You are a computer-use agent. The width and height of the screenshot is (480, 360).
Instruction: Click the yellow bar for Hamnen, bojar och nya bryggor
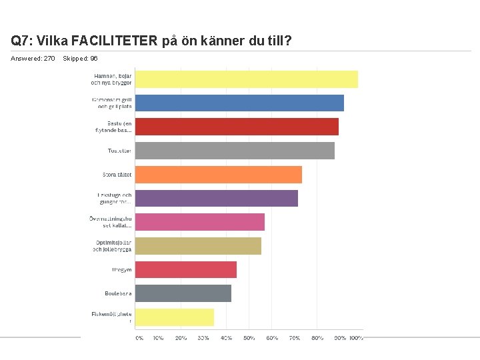point(246,79)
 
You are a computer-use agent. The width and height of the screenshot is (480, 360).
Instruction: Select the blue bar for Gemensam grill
point(239,103)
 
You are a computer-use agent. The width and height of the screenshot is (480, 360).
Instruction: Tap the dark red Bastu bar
point(237,127)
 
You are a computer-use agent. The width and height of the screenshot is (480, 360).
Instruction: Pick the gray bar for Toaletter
point(235,151)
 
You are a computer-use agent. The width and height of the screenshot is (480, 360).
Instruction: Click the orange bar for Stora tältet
point(218,175)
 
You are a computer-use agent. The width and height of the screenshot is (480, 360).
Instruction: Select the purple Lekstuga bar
point(216,199)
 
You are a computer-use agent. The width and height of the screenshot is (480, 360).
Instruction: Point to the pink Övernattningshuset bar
point(199,222)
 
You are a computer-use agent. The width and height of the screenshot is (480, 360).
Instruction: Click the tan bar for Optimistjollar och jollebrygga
point(198,246)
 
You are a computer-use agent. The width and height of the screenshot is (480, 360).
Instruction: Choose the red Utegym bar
point(185,270)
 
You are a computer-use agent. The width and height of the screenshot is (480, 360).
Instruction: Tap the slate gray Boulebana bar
point(183,293)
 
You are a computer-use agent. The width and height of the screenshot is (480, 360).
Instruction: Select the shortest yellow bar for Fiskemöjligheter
point(174,317)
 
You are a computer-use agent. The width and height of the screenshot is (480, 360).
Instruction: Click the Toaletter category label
point(120,151)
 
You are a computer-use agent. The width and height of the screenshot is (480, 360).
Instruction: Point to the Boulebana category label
point(118,293)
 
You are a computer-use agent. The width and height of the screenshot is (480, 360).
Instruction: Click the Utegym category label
point(122,270)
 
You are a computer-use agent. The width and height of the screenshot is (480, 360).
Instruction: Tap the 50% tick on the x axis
point(249,338)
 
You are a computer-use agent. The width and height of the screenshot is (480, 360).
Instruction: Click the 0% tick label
point(139,338)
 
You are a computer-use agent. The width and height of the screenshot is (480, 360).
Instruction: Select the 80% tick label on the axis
point(317,338)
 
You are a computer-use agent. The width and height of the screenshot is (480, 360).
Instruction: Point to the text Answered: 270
point(33,59)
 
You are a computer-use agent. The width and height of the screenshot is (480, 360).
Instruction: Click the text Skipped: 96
point(80,59)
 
